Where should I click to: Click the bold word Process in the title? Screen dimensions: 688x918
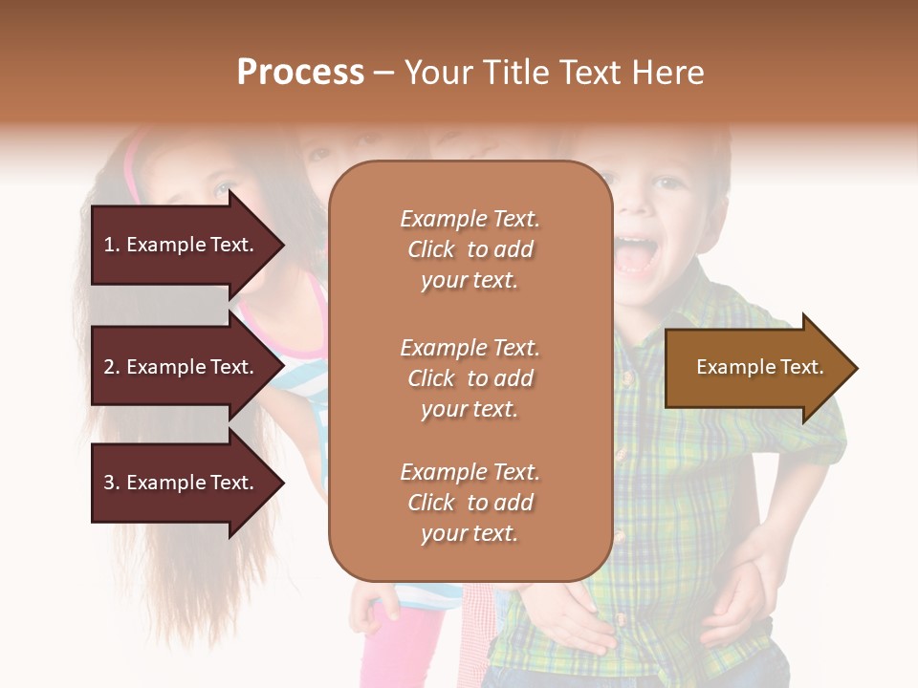click(300, 73)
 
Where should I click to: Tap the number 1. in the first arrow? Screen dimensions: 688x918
click(112, 246)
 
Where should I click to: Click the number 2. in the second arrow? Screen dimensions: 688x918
click(112, 368)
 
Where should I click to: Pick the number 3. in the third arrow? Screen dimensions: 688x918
click(112, 484)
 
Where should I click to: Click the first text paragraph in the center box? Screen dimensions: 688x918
click(470, 249)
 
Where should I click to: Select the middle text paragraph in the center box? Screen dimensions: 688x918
click(470, 378)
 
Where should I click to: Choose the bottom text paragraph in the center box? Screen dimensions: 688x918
click(470, 503)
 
